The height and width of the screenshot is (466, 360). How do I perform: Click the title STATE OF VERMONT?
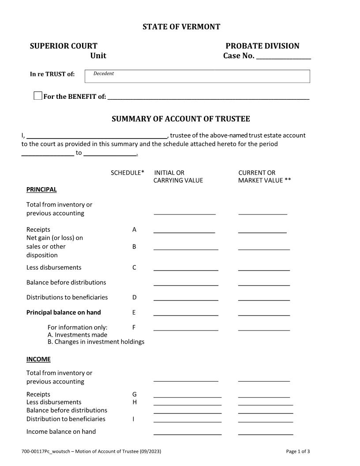[x=181, y=27]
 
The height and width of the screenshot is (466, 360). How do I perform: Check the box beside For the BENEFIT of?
[x=38, y=96]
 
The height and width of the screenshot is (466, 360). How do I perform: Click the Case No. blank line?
[x=283, y=56]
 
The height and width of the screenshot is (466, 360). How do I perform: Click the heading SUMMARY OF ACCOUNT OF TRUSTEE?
[x=180, y=119]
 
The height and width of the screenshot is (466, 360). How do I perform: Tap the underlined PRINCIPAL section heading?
[x=41, y=190]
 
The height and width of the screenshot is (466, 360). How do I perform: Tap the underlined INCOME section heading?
[x=38, y=359]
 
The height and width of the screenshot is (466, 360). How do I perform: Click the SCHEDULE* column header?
[x=127, y=173]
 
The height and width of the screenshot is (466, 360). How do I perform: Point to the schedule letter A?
[x=134, y=230]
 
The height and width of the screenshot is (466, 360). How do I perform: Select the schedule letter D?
[x=134, y=297]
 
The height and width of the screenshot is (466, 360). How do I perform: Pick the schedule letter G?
[x=134, y=395]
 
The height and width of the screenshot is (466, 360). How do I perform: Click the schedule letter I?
[x=133, y=419]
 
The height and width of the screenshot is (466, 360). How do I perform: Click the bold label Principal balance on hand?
[x=64, y=312]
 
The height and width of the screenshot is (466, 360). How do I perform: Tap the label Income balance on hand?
[x=61, y=432]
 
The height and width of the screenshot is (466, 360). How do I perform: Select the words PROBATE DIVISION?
[x=262, y=46]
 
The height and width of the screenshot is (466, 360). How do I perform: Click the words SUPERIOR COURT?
[x=64, y=46]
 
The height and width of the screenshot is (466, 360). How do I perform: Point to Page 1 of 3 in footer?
[x=298, y=451]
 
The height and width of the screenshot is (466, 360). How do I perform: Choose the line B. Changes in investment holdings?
[x=96, y=342]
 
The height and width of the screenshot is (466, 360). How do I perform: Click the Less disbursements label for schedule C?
[x=54, y=267]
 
